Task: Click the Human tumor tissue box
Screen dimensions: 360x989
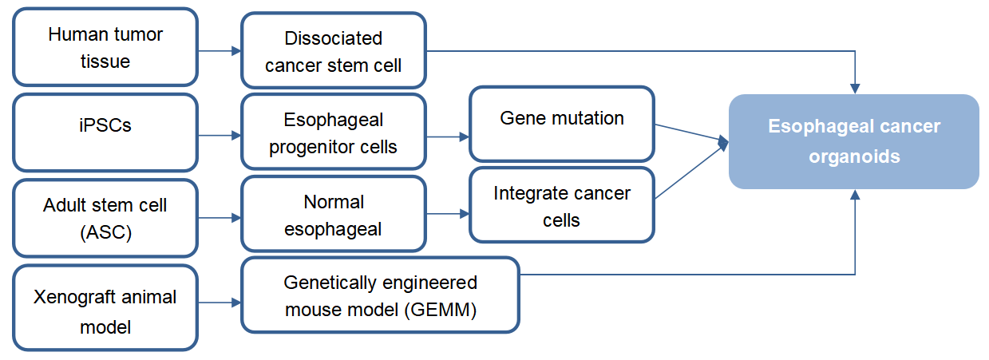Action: (105, 47)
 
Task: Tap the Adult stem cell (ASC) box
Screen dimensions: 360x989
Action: (105, 217)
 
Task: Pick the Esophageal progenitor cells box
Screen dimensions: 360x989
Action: (334, 133)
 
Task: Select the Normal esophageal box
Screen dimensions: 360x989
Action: (334, 215)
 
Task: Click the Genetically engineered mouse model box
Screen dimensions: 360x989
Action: (380, 295)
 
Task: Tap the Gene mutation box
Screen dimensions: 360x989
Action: (562, 124)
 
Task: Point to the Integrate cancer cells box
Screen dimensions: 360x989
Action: (562, 205)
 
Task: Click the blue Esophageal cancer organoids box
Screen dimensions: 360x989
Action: (853, 141)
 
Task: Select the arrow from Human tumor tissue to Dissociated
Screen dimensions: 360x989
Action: (220, 51)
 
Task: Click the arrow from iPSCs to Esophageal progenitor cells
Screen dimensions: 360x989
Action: (220, 136)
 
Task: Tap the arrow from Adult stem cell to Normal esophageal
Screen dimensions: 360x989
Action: (220, 217)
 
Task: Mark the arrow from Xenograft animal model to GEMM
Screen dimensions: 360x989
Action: (220, 303)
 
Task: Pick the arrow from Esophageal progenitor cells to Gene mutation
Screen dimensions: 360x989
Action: (448, 136)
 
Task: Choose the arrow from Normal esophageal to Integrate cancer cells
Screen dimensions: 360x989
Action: (448, 214)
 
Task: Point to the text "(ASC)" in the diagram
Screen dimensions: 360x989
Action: (105, 231)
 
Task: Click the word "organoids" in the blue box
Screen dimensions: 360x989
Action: (853, 156)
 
